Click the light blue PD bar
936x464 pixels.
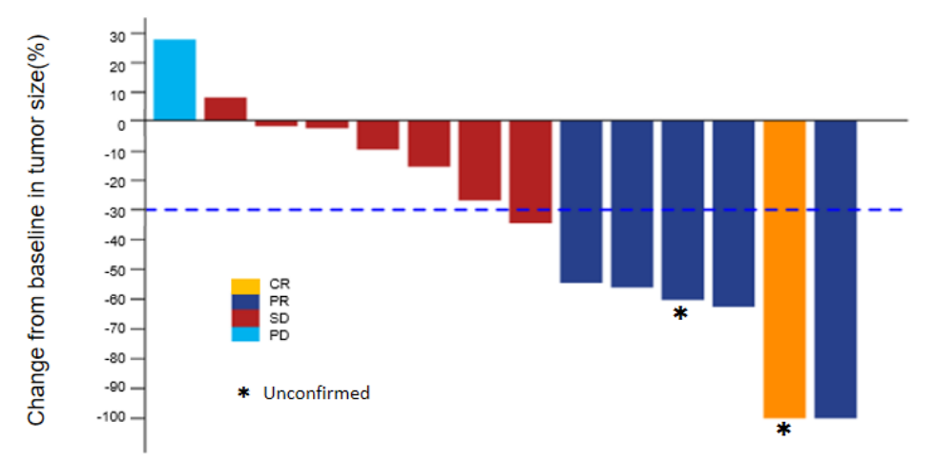(x=175, y=80)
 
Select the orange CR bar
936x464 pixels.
(x=784, y=269)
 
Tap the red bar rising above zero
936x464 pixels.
(x=225, y=109)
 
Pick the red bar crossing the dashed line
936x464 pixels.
(x=530, y=172)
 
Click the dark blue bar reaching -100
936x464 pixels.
(x=835, y=269)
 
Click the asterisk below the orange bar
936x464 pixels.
(x=783, y=431)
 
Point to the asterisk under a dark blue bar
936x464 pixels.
(x=680, y=313)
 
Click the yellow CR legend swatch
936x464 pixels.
(x=245, y=285)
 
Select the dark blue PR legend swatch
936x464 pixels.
(x=245, y=302)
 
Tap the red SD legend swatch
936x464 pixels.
(x=245, y=318)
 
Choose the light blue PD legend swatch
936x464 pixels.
(x=245, y=334)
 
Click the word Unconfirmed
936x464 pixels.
(x=316, y=392)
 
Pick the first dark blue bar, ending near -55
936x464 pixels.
(x=581, y=201)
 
